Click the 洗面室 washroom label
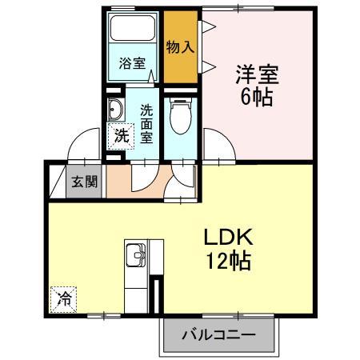(147, 123)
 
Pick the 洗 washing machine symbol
(120, 136)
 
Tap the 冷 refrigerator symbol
(64, 299)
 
